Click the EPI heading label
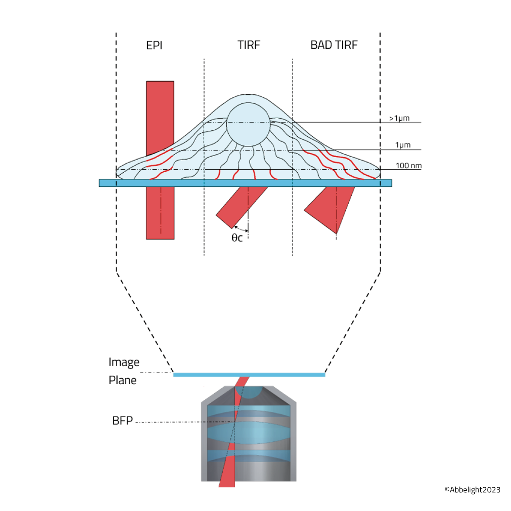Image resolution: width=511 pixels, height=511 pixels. point(154,45)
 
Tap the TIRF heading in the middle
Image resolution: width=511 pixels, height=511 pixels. point(249,45)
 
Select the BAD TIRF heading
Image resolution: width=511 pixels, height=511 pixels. point(334,45)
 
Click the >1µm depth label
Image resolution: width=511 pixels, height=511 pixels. point(399,118)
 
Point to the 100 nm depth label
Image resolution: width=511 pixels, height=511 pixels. point(408,166)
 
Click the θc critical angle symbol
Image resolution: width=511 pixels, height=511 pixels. point(237,238)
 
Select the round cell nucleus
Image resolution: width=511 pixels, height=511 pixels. point(248,124)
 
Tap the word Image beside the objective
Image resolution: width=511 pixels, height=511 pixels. point(124,362)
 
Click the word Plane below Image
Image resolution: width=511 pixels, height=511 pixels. point(122,380)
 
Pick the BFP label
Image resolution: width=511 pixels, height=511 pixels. point(122,421)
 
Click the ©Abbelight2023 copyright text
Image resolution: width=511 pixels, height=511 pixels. point(472,490)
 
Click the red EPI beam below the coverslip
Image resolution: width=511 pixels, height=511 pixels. point(160,212)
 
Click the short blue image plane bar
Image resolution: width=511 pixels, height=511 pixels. point(249,375)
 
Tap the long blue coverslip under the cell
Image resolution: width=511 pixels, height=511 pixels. point(245,183)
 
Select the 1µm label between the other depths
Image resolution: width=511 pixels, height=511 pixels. point(403,145)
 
